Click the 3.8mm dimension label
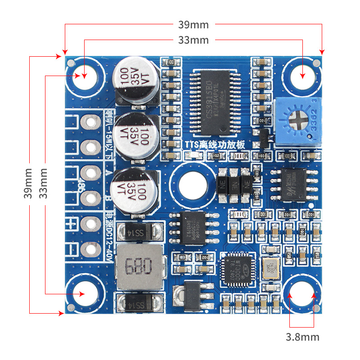302,337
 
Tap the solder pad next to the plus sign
91,224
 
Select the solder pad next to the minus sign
91,249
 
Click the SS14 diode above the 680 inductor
139,233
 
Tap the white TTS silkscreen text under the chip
214,144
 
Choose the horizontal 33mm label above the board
193,40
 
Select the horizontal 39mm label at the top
193,24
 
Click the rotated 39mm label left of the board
28,183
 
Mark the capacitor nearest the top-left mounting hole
136,80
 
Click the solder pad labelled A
91,172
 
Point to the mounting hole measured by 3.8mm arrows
302,295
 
